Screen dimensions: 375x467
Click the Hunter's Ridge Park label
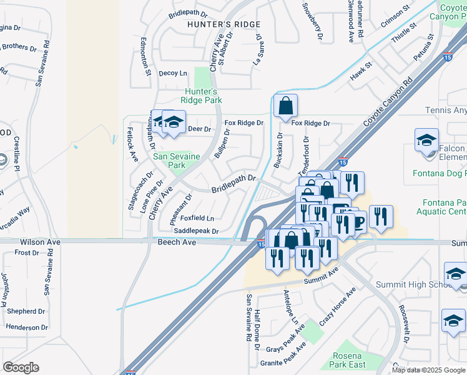coord(202,96)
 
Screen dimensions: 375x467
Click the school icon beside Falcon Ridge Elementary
coord(426,141)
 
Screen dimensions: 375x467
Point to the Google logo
coord(21,367)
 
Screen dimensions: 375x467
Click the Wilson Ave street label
coord(40,241)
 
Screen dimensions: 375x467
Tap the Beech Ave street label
coord(177,242)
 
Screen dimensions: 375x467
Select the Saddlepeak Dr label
coord(196,231)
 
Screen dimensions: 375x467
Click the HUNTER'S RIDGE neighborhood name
coord(215,24)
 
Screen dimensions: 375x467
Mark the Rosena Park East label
coord(348,360)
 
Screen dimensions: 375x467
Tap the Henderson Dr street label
coord(27,327)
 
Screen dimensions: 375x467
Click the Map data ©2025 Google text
coord(428,370)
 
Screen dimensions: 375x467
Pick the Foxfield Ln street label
coord(197,218)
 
